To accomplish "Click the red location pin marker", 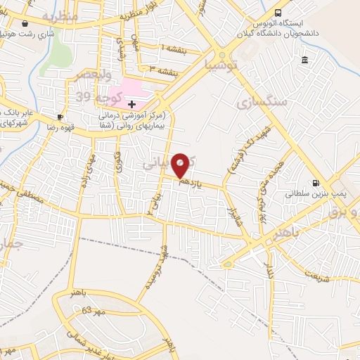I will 181,165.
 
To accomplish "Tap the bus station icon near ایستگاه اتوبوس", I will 278,13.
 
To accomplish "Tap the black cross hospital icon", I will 131,103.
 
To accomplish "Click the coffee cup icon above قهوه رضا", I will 60,117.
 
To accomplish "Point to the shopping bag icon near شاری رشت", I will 26,22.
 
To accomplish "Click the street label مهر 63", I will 92,309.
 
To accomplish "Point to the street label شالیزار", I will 233,212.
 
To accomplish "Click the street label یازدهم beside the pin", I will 191,184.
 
